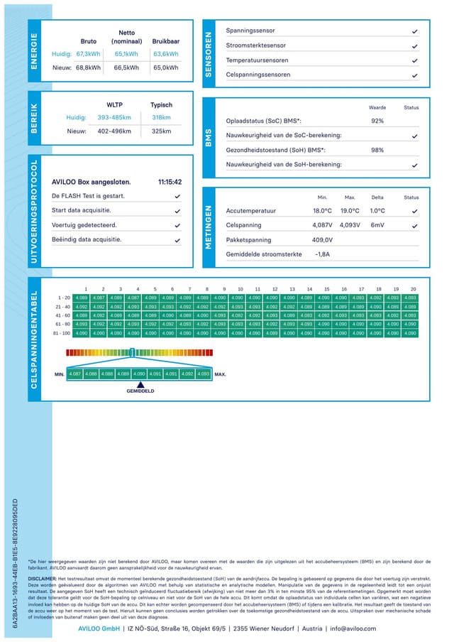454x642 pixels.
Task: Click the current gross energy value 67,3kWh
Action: [89, 53]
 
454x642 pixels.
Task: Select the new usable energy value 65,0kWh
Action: [165, 67]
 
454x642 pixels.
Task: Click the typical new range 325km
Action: [162, 131]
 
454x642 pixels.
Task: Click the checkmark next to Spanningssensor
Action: [414, 32]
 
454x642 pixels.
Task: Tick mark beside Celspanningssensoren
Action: [414, 75]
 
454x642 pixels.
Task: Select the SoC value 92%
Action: [377, 121]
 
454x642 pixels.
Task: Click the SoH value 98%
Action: [377, 150]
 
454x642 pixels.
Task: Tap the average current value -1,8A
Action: [322, 254]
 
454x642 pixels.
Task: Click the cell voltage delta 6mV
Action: [377, 225]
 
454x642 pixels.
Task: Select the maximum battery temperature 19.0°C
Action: [350, 211]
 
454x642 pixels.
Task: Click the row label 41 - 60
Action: [63, 315]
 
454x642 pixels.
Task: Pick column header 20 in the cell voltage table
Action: [413, 289]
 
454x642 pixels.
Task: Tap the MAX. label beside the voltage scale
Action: [220, 374]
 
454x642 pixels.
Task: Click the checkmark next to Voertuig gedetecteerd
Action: [177, 225]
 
